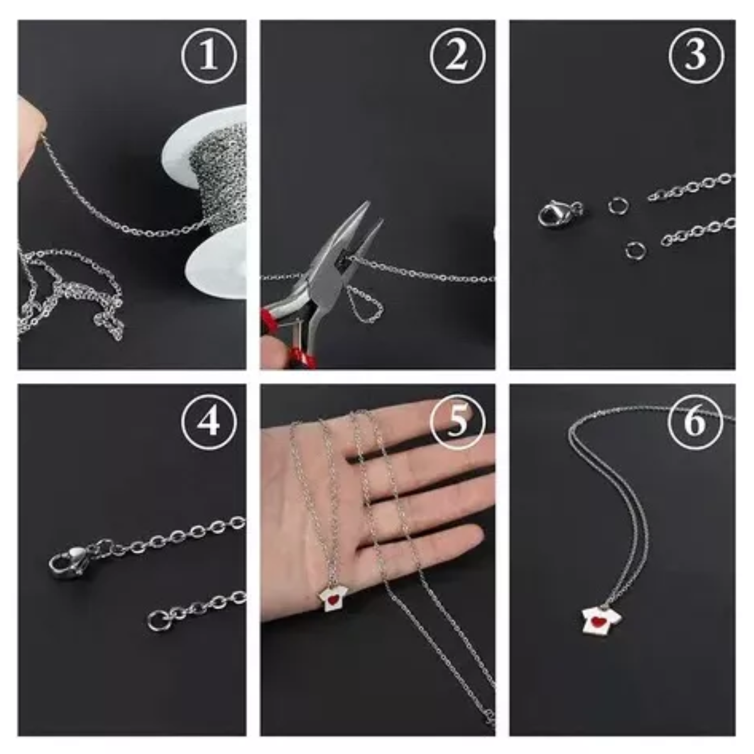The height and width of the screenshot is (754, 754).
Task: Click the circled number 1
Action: pyautogui.click(x=209, y=56)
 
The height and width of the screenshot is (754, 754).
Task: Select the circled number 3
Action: pyautogui.click(x=695, y=56)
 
